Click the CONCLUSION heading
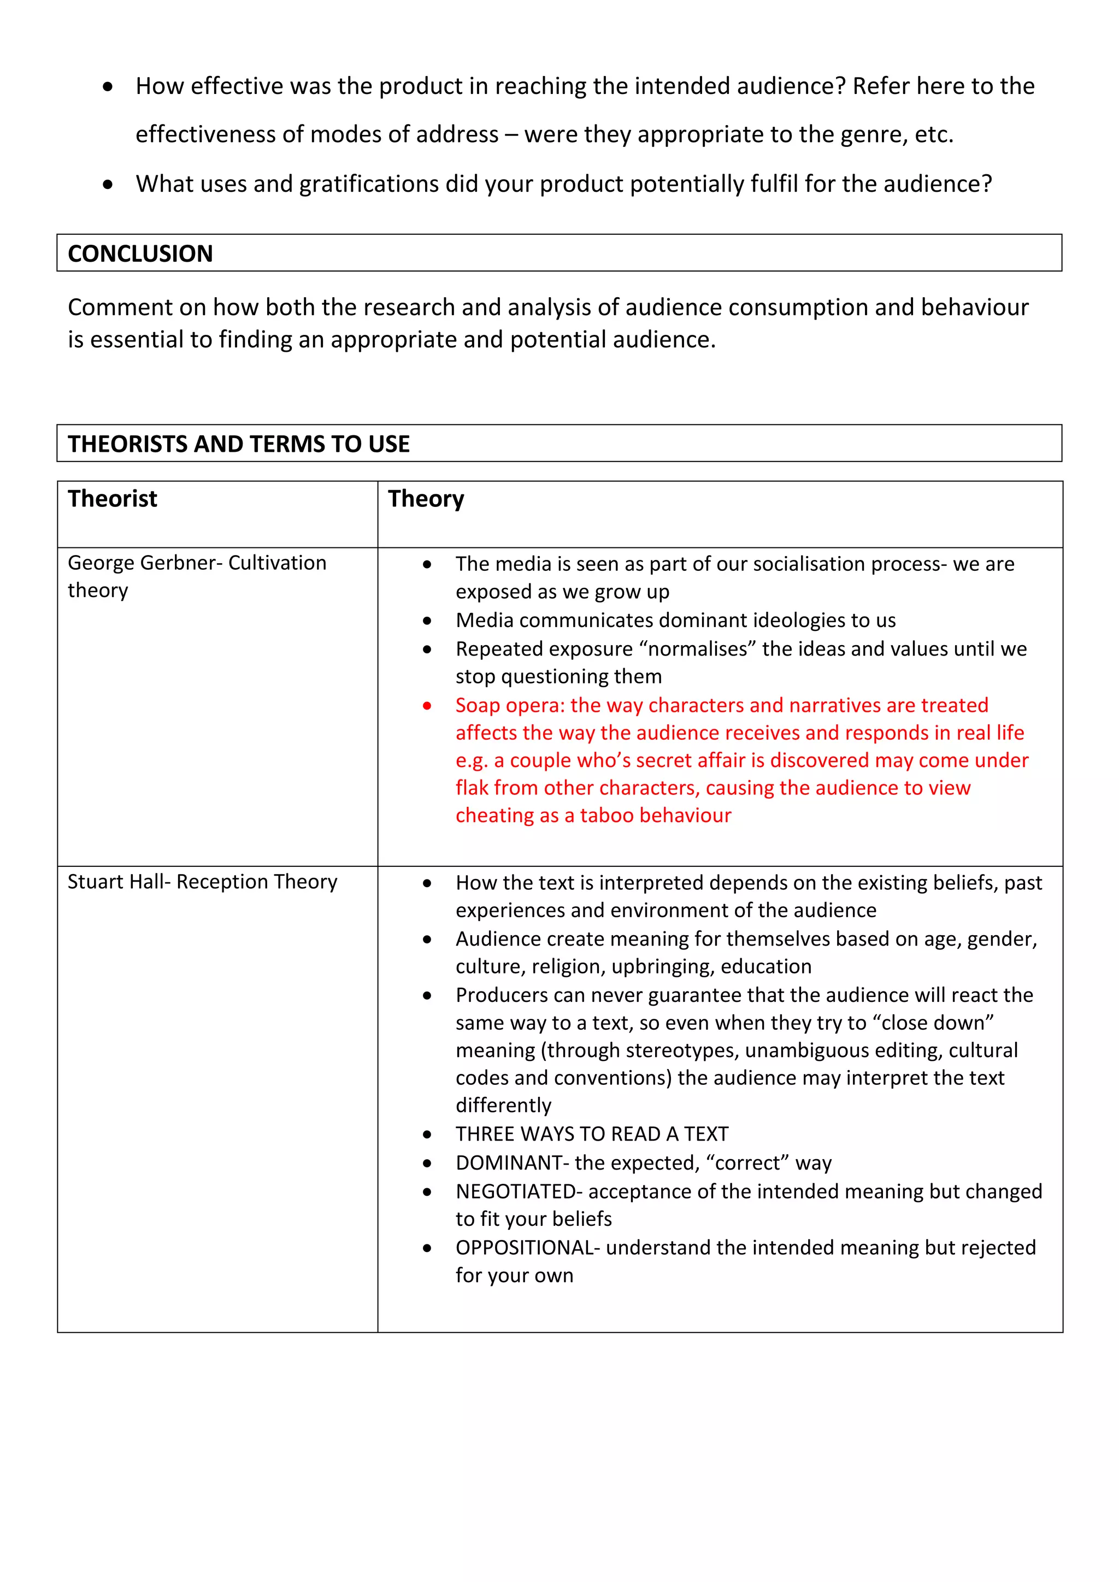pyautogui.click(x=140, y=253)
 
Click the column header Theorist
pyautogui.click(x=113, y=498)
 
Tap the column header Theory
pyautogui.click(x=426, y=498)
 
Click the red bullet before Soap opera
pyautogui.click(x=427, y=706)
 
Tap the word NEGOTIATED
pyautogui.click(x=515, y=1191)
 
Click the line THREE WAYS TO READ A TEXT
pyautogui.click(x=591, y=1134)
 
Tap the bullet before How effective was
pyautogui.click(x=108, y=87)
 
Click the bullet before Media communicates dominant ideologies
pyautogui.click(x=427, y=621)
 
